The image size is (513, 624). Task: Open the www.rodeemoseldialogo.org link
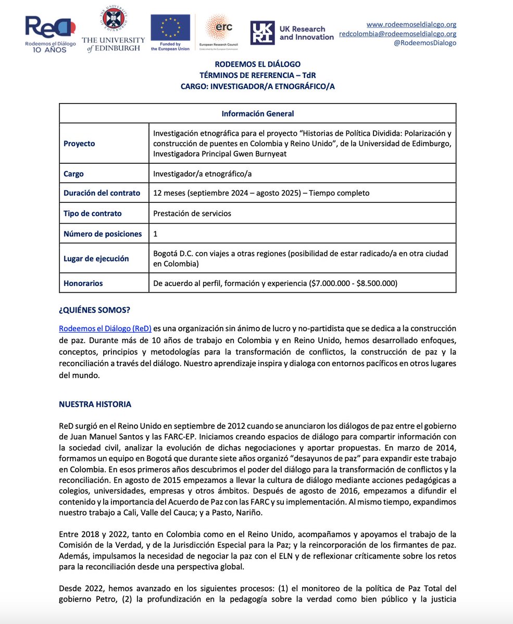[411, 24]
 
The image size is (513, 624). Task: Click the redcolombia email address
[397, 33]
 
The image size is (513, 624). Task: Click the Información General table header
[257, 113]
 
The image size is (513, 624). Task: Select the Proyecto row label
[79, 144]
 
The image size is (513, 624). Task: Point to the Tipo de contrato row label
[93, 213]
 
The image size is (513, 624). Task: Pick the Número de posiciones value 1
[156, 234]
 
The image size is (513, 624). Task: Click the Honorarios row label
[83, 283]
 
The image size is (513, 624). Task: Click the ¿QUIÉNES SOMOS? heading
[94, 310]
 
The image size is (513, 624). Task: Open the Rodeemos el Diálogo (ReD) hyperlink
[105, 329]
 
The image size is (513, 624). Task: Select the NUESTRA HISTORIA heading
[95, 404]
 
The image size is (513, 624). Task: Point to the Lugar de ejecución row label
[96, 258]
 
